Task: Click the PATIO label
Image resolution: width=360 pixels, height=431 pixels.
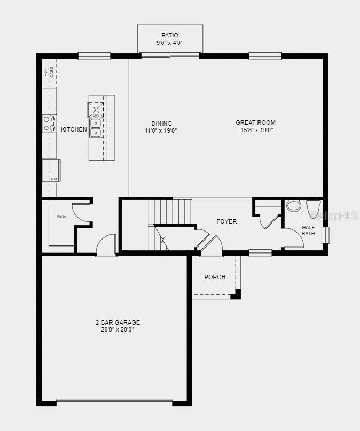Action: (170, 35)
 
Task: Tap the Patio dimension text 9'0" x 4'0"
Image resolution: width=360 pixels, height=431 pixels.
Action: (170, 43)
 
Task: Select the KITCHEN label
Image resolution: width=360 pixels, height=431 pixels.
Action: (74, 129)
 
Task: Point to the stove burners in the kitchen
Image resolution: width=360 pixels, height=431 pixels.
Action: (50, 124)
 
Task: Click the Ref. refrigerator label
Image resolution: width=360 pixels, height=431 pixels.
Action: (54, 179)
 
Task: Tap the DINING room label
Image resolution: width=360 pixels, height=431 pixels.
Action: (161, 124)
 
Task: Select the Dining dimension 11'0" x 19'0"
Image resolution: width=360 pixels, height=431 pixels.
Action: (161, 130)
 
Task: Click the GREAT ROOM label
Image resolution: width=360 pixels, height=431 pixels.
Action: (255, 122)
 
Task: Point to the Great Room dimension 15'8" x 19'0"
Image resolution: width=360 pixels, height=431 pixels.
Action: (257, 129)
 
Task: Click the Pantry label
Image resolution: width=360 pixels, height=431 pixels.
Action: (61, 217)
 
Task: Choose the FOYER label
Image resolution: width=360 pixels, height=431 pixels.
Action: (226, 221)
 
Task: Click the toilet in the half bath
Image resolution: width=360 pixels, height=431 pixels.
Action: (313, 206)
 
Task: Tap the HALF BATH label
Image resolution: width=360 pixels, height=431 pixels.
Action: (308, 230)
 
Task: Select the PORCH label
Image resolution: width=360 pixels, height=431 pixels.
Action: (215, 277)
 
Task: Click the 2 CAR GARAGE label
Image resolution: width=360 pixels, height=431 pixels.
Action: (118, 322)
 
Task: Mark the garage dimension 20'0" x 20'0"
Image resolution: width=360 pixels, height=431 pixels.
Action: (118, 330)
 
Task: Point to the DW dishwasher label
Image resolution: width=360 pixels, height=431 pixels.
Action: (96, 115)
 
